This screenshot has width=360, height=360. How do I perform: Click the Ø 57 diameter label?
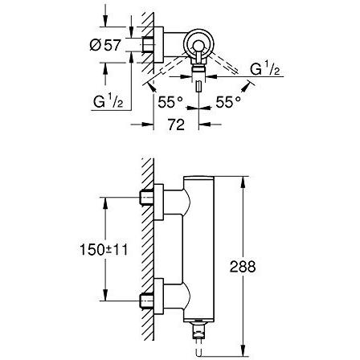105,45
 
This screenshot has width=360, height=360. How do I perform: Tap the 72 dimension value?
177,125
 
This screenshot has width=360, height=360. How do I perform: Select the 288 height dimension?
243,267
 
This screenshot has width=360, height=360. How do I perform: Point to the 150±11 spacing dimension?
104,250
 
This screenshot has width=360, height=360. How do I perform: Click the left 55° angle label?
170,102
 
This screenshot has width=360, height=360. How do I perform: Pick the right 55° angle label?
228,102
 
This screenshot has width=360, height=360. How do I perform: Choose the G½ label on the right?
265,69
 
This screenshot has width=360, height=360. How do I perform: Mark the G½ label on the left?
108,102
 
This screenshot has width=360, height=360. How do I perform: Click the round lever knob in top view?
198,45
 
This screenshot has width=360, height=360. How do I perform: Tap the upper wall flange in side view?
159,202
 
